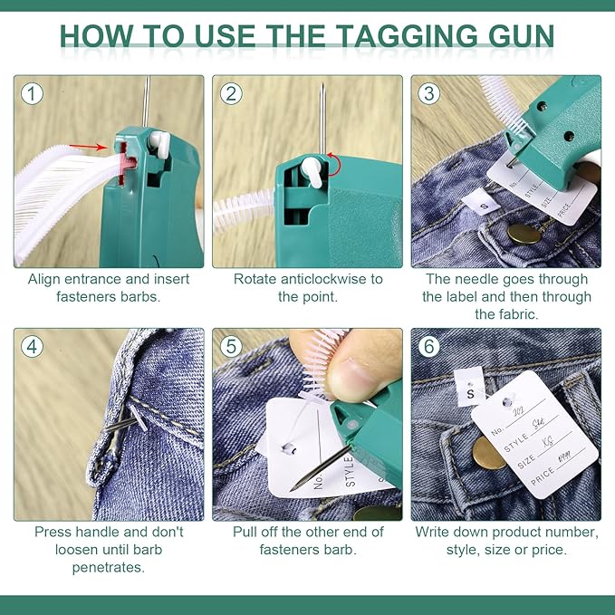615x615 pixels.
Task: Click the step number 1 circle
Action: (x=34, y=93)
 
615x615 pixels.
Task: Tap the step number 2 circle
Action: (x=232, y=93)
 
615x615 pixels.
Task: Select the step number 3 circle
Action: (x=430, y=93)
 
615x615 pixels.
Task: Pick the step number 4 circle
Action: (x=34, y=347)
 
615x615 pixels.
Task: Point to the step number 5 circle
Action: (x=232, y=347)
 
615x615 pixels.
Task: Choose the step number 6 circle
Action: (x=430, y=347)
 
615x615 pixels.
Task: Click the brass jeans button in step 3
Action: (x=524, y=235)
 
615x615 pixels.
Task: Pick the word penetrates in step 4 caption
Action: (x=109, y=568)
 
